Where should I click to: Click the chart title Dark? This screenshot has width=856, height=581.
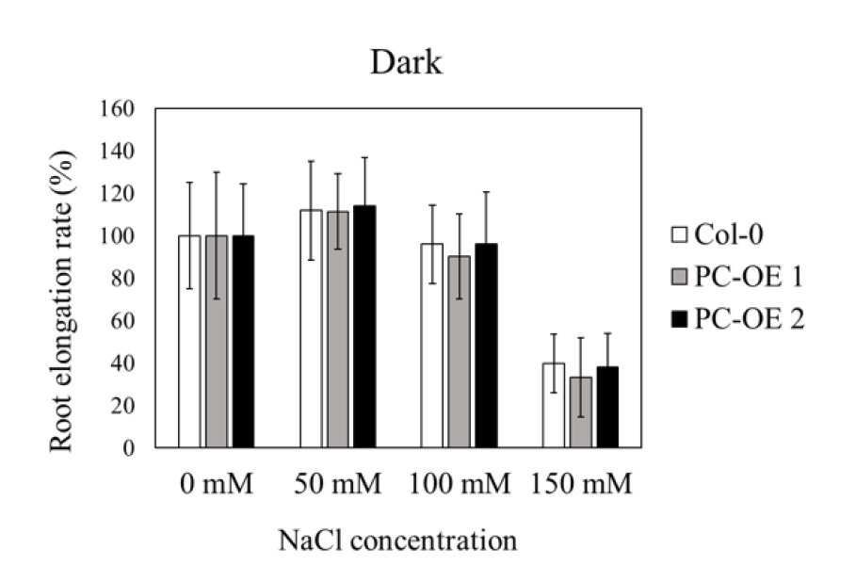tap(406, 62)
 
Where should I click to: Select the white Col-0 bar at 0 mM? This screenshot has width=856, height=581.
tap(189, 341)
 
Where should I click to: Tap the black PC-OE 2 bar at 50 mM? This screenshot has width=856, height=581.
tap(364, 327)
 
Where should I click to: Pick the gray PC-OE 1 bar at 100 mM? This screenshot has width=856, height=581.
tap(460, 351)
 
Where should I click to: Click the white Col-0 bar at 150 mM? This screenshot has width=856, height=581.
tap(554, 405)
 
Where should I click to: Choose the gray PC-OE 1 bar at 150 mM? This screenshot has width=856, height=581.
tap(580, 412)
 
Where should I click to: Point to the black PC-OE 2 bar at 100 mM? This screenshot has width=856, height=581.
tap(486, 346)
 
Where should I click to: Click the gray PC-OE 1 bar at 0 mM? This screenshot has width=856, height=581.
tap(217, 341)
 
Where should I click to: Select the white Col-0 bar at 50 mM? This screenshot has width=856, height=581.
tap(311, 329)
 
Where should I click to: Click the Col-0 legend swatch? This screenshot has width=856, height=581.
tap(679, 234)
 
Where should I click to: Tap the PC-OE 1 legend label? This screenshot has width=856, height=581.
tap(749, 277)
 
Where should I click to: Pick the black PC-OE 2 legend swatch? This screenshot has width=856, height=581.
tap(679, 319)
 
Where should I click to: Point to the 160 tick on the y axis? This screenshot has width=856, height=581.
tap(117, 108)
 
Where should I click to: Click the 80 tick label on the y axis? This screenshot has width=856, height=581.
tap(122, 279)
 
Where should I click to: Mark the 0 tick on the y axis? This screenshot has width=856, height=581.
tap(129, 448)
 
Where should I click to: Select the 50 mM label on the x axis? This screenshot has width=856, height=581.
tap(338, 483)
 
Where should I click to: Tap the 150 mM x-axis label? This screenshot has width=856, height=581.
tap(581, 483)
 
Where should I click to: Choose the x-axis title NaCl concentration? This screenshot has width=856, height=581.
tap(398, 541)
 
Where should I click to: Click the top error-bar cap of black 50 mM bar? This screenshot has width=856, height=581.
tap(364, 157)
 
